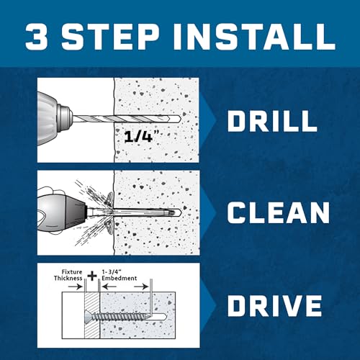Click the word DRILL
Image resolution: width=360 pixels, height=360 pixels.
[x=272, y=122]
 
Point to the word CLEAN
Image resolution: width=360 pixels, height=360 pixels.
[x=278, y=214]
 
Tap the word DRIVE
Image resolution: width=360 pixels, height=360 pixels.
[x=274, y=305]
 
